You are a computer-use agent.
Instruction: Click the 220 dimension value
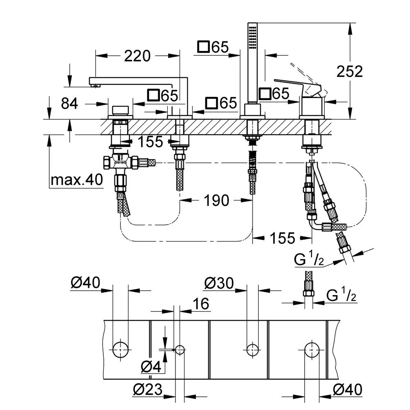point(137,55)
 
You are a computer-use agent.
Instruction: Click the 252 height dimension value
point(350,71)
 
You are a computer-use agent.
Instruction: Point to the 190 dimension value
point(216,200)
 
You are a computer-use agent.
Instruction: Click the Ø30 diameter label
point(219,283)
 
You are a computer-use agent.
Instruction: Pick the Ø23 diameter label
point(148,389)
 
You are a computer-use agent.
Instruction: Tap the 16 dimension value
point(200,304)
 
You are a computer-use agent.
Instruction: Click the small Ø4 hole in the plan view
point(180,350)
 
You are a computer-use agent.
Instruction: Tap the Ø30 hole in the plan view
point(252,350)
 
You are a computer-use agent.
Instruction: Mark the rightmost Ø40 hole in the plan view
point(312,350)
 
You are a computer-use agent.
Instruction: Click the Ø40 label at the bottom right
point(348,389)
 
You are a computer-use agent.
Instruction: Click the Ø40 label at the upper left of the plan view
point(85,283)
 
